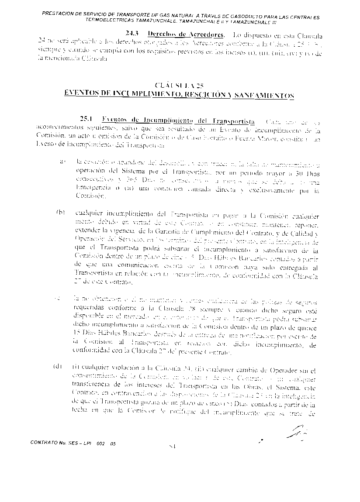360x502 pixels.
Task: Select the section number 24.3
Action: coord(132,34)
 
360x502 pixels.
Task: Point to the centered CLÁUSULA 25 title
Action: coord(179,85)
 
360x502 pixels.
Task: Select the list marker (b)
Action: coord(60,213)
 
